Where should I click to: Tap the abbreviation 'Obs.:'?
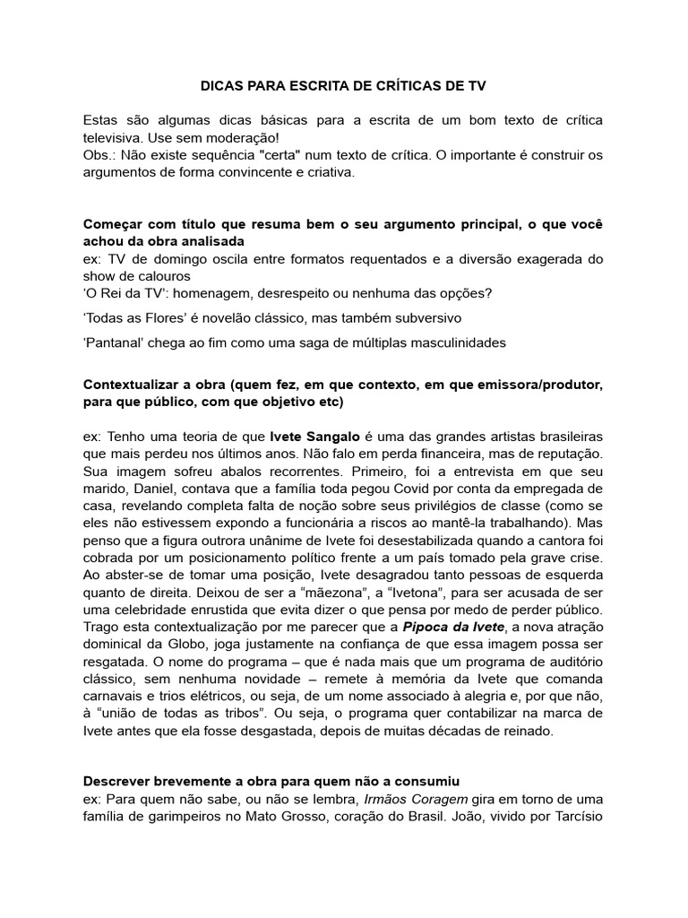tap(100, 156)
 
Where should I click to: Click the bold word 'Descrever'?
tap(118, 781)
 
